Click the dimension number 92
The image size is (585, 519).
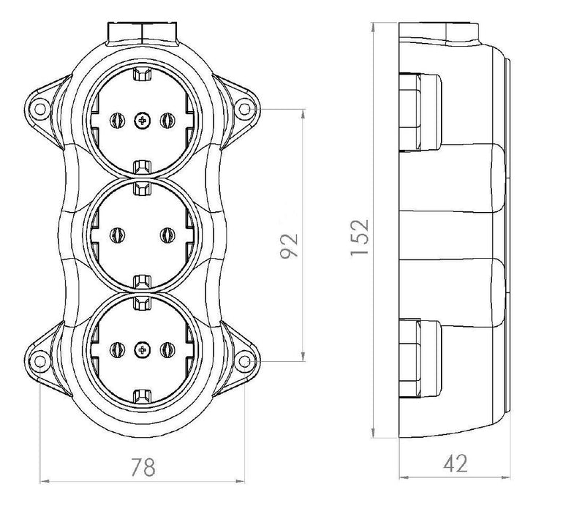[x=290, y=246]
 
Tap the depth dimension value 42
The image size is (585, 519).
[x=455, y=463]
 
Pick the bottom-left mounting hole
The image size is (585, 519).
[x=37, y=359]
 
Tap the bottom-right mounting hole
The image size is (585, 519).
[x=244, y=359]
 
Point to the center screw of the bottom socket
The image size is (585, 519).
[x=140, y=351]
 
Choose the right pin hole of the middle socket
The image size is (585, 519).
[x=165, y=235]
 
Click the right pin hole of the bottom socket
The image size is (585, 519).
[x=165, y=351]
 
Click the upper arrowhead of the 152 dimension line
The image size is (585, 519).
[x=375, y=26]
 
